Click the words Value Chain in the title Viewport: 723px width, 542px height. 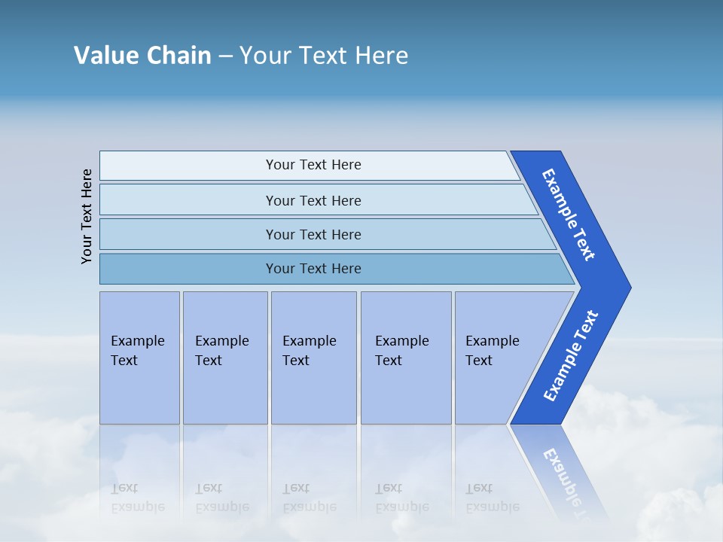point(142,56)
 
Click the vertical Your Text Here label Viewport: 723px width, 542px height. point(87,216)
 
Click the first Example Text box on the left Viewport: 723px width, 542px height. point(139,358)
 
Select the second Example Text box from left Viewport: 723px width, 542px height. point(224,358)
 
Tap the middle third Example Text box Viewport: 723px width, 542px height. point(313,358)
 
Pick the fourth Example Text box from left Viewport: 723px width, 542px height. point(406,358)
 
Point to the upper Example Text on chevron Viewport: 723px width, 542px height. point(569,215)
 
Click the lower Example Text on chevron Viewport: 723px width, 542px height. point(571,355)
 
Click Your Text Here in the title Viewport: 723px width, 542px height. point(324,56)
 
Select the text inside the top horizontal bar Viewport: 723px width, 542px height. point(313,165)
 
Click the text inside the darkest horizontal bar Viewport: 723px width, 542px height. point(313,269)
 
